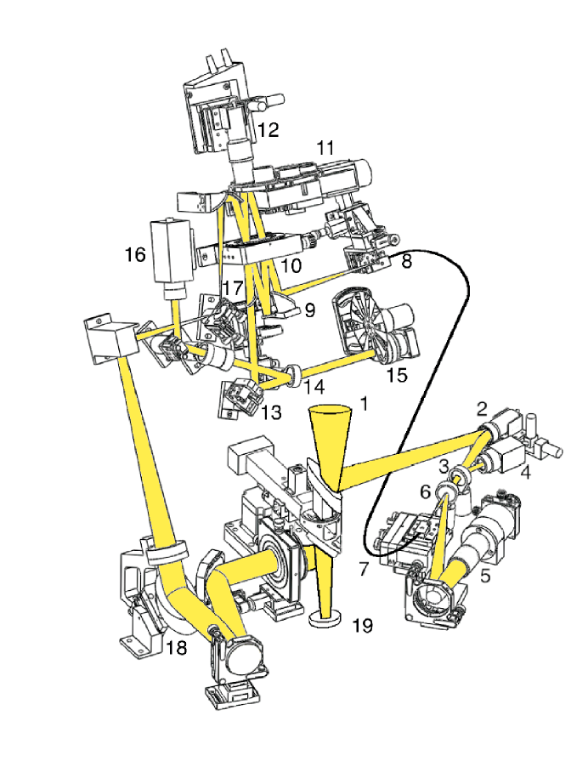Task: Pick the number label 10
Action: tap(291, 266)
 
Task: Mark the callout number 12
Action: tap(268, 130)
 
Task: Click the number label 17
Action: tap(233, 289)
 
